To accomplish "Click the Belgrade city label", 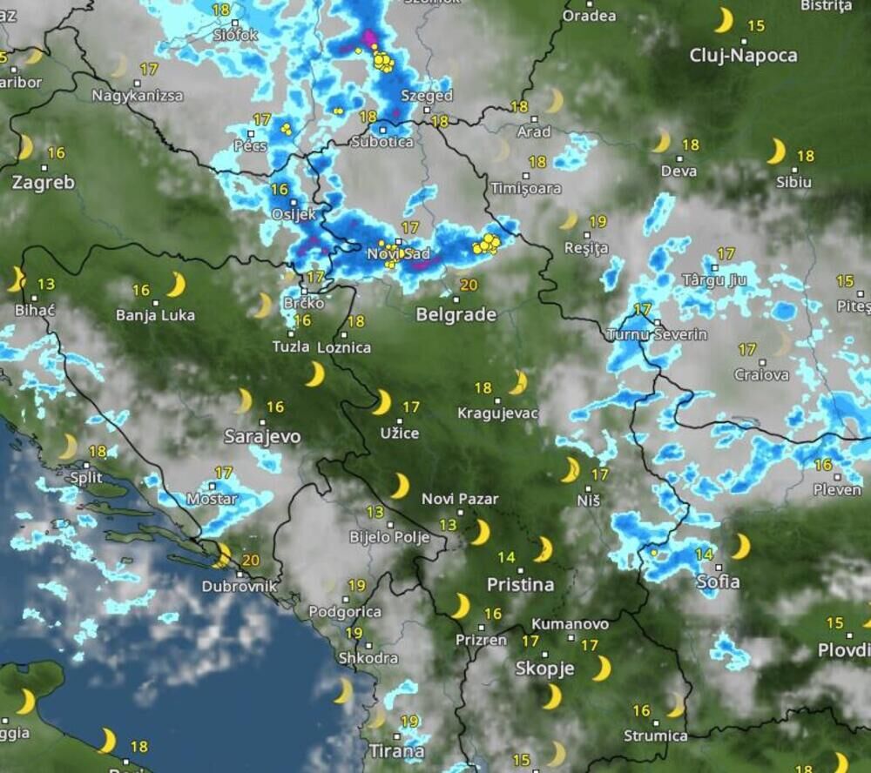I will (x=456, y=314).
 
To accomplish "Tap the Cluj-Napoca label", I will (x=743, y=56).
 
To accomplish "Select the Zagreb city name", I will (x=44, y=183).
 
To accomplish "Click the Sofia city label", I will (x=719, y=581).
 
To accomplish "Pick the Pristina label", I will (x=521, y=584).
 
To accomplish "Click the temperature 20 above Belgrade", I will (x=469, y=285).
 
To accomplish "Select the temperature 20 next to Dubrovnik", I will (x=250, y=560).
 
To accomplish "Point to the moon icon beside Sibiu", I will (x=776, y=151).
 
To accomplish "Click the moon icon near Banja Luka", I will (x=177, y=285).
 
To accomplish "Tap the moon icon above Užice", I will (x=381, y=402).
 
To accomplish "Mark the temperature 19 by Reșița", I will (x=598, y=222).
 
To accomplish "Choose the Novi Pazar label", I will (x=460, y=499).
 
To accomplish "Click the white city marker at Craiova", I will (x=762, y=362).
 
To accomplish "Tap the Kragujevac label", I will (x=497, y=413).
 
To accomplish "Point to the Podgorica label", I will (x=345, y=612).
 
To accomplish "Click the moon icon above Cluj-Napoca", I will (x=724, y=20).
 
